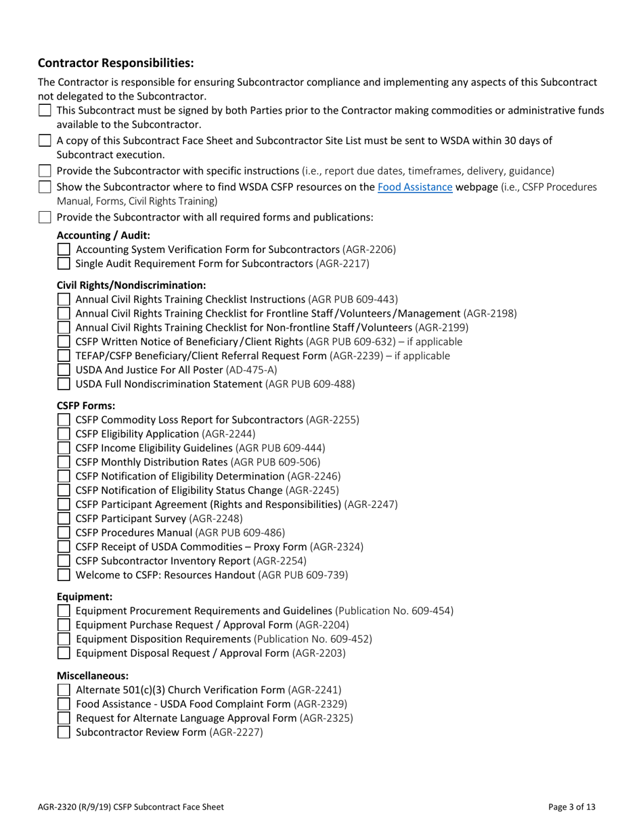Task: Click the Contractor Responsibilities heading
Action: pos(116,63)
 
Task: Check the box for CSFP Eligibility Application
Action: pos(64,434)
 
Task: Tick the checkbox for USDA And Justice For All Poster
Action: pos(64,370)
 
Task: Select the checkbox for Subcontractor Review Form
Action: pos(64,733)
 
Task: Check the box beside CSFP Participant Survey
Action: pos(64,519)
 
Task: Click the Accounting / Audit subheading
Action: pos(104,235)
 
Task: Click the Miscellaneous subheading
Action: pos(93,676)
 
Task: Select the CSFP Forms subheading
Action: pos(86,406)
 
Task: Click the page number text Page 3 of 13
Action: pos(573,806)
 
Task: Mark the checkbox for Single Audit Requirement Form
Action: pos(64,264)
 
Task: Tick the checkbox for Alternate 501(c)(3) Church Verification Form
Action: pos(64,690)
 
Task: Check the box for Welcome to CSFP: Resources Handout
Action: pos(64,576)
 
